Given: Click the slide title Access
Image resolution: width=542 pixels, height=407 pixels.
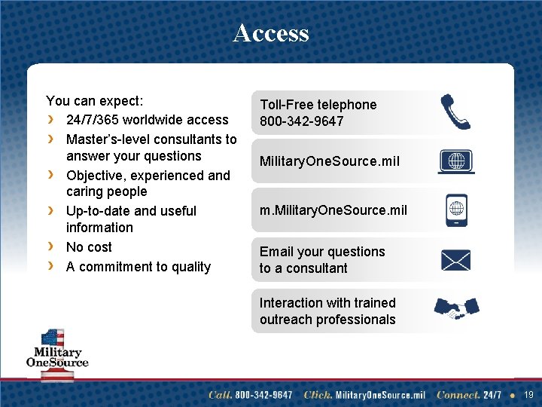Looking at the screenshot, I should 271,32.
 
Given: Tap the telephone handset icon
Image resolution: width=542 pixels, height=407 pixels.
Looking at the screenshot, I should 455,112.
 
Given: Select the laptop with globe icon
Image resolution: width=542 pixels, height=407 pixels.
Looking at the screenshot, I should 455,162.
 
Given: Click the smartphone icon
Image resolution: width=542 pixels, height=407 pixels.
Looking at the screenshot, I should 455,210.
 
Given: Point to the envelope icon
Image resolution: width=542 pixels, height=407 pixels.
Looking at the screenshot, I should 455,260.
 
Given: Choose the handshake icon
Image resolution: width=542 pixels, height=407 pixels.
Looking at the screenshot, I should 456,308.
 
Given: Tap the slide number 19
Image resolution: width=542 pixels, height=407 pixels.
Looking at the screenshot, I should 528,394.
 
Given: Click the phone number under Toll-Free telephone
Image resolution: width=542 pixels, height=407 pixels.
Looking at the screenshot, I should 301,121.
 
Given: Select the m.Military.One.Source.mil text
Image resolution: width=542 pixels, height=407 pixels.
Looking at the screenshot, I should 333,210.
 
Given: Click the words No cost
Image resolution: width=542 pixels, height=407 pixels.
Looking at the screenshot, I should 89,247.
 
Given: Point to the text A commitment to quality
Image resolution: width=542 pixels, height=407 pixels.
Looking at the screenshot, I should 139,267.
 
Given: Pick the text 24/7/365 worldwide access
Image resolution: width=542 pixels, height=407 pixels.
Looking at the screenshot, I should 147,120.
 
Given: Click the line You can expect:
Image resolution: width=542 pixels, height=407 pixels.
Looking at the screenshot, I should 95,101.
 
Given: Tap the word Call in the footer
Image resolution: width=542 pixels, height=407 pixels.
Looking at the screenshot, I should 220,395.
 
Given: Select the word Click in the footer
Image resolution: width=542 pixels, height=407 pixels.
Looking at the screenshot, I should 318,395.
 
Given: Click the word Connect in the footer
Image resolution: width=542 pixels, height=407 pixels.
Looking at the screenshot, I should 458,395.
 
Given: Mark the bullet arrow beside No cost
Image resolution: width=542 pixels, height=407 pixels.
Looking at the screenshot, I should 50,247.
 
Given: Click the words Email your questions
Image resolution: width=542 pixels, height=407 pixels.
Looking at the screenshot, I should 322,252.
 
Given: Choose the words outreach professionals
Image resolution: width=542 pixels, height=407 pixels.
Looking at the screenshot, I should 327,320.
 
